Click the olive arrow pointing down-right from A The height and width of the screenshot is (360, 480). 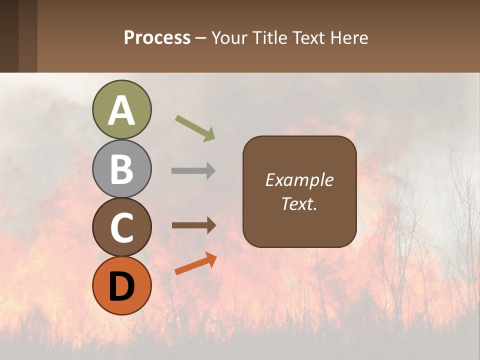click(x=195, y=128)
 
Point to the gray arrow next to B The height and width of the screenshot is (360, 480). click(x=193, y=171)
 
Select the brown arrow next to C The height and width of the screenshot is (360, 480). click(x=194, y=225)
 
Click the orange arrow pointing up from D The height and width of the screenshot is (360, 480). click(x=195, y=263)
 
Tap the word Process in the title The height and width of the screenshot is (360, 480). click(x=157, y=37)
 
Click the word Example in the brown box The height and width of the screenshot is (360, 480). click(x=299, y=180)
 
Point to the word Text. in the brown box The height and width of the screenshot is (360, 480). click(x=299, y=203)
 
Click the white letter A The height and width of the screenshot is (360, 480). click(x=121, y=111)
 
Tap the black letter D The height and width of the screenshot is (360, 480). click(x=121, y=286)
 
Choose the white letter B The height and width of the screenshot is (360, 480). click(x=121, y=169)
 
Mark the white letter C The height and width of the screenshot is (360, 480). click(x=121, y=227)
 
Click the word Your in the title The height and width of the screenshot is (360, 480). click(x=229, y=37)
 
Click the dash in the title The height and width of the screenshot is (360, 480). click(x=201, y=38)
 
